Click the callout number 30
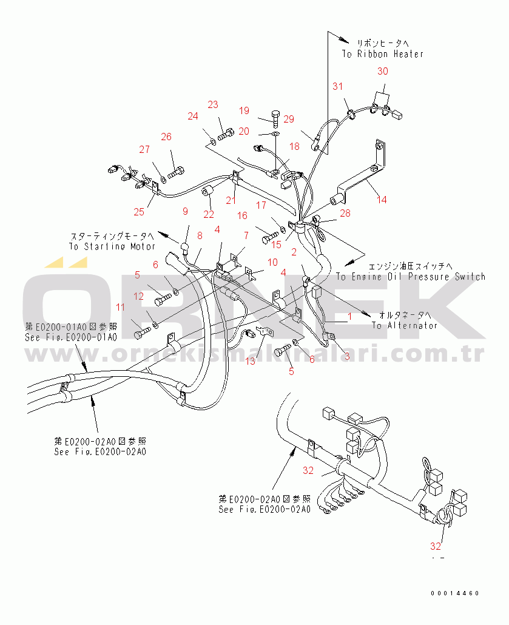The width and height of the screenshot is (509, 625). coord(382,72)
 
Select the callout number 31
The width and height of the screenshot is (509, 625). coord(337,87)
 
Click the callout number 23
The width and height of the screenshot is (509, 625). coord(212,105)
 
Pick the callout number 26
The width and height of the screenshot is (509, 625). coord(166,137)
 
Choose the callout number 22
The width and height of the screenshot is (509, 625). coord(208,214)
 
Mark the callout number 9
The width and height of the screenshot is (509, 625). coord(186,211)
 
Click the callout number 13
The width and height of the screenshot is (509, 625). coord(251,362)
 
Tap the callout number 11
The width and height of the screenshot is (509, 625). coord(121,307)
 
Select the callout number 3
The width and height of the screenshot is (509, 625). coord(347,356)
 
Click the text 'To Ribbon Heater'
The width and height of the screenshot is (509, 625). coord(382,54)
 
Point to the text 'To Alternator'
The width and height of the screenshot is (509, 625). coord(405,325)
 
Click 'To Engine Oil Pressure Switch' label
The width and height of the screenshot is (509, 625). coord(411,277)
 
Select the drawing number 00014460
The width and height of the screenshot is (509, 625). coord(455,593)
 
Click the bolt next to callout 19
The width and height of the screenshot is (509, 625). coord(275,117)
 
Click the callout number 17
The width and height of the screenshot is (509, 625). coord(261,206)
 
